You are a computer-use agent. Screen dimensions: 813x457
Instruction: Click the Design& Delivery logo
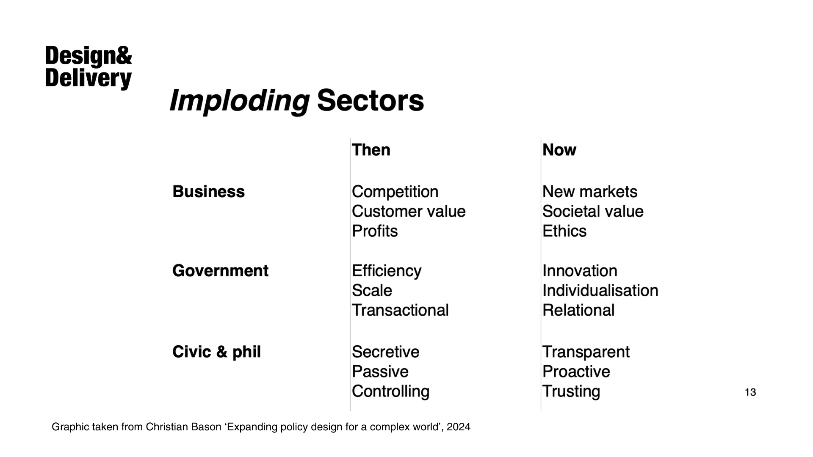pos(88,67)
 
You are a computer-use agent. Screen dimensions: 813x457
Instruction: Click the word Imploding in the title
pos(240,102)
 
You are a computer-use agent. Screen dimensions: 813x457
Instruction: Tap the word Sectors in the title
pos(370,100)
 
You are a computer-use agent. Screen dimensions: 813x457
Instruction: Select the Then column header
pos(371,150)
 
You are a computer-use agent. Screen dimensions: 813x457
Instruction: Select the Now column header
pos(559,150)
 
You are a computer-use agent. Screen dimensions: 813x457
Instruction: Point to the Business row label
pos(209,192)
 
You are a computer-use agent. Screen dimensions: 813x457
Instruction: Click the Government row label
pos(220,271)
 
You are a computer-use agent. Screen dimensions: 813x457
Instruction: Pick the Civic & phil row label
pos(216,352)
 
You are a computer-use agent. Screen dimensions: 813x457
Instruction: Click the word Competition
pos(395,192)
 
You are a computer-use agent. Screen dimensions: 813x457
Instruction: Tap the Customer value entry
pos(409,212)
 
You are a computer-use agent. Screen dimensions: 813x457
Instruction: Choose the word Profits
pos(375,231)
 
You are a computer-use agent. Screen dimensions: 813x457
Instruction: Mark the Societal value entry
pos(593,212)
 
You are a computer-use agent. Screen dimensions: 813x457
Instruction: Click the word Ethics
pos(564,231)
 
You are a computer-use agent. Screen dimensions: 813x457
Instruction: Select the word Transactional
pos(400,310)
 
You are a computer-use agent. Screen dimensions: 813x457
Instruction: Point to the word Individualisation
pos(600,291)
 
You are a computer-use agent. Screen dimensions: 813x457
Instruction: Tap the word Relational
pos(578,310)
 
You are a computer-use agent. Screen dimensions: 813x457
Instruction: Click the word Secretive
pos(385,352)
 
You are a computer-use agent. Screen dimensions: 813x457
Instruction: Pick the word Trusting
pos(571,392)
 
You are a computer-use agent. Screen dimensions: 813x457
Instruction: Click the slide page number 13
pos(750,393)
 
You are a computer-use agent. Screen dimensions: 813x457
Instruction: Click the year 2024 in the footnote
pos(458,427)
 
